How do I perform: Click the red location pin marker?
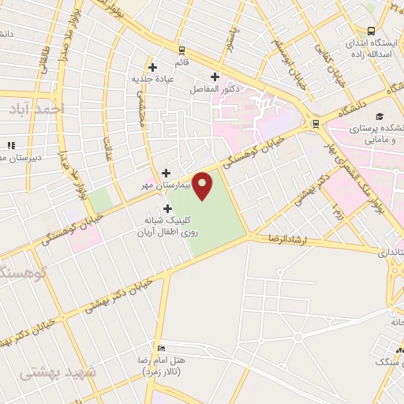[x=203, y=185]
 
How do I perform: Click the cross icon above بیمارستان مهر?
[x=166, y=173]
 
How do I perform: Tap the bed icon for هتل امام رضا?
[x=161, y=348]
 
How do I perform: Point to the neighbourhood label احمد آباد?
[x=37, y=110]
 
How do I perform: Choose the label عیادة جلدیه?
[x=153, y=78]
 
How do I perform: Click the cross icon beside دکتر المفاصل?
[x=215, y=77]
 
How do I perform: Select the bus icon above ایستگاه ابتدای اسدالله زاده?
[x=371, y=29]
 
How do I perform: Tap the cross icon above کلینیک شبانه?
[x=167, y=208]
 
